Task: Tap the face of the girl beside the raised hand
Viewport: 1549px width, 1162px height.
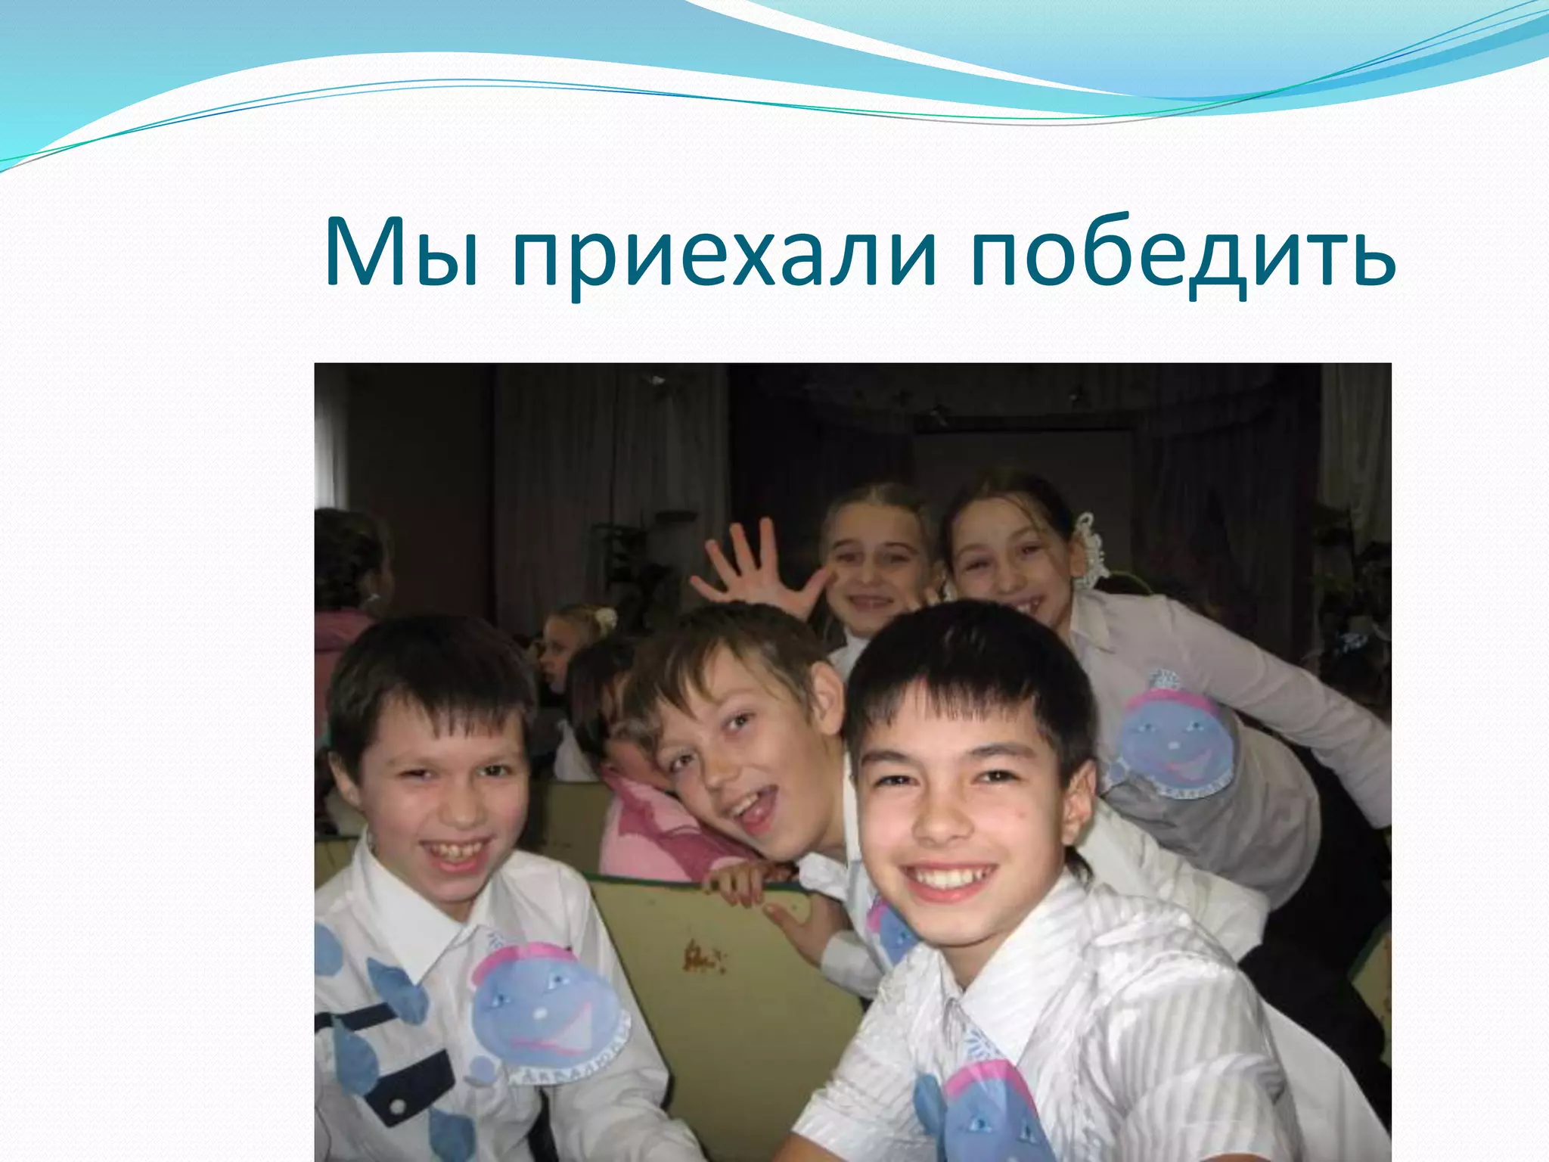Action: click(x=877, y=575)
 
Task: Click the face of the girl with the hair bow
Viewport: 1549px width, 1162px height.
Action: click(x=1006, y=564)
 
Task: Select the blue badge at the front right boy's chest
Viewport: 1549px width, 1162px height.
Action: click(x=983, y=1112)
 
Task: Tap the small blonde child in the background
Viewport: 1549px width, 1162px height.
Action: click(x=556, y=651)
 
